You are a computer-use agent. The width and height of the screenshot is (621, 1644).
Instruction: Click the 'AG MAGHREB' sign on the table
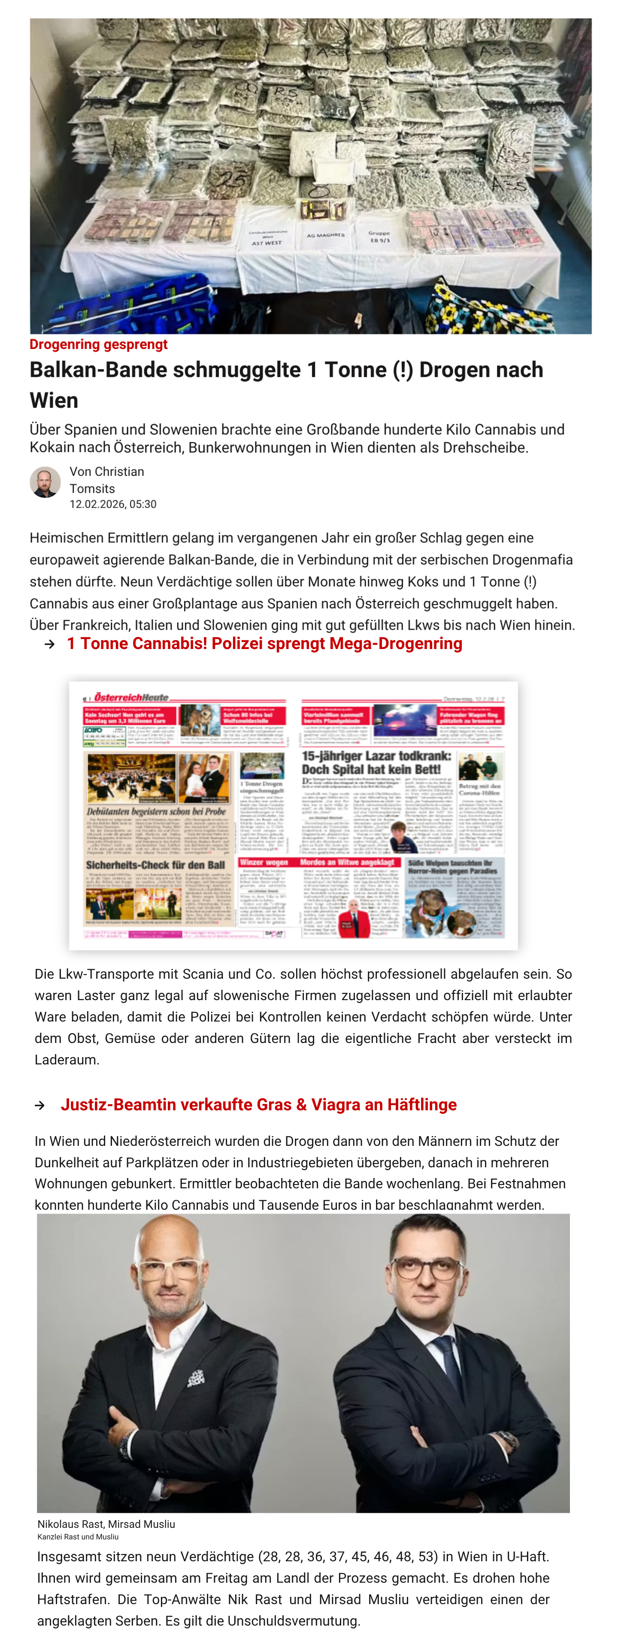coord(325,235)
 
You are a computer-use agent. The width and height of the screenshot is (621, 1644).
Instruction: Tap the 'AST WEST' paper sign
coord(267,238)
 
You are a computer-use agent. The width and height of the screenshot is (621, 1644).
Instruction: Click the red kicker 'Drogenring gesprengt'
coord(98,345)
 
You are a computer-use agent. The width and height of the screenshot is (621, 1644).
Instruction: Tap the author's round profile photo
coord(45,481)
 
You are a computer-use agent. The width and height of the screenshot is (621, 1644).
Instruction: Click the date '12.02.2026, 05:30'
coord(113,504)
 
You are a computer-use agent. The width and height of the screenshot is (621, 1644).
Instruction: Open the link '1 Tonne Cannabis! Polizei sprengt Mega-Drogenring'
coord(264,643)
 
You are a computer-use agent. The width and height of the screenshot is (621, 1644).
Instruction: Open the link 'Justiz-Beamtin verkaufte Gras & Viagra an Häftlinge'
coord(259,1105)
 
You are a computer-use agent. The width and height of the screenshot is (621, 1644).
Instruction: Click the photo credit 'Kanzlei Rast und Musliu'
coord(78,1537)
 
